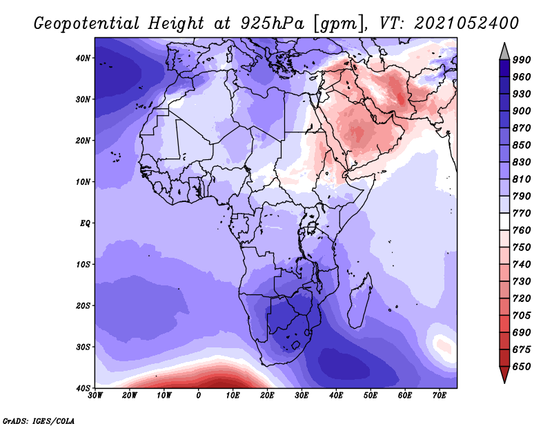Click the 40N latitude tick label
[83, 58]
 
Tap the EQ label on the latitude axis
[85, 223]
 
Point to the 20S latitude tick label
[83, 305]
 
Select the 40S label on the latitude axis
[83, 388]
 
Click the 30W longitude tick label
[95, 396]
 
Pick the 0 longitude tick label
[199, 396]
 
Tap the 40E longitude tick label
[336, 396]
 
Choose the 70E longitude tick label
[440, 396]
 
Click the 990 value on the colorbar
[522, 60]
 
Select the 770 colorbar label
[522, 213]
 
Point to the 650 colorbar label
[522, 367]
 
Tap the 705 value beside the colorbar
[522, 316]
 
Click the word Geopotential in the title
[86, 23]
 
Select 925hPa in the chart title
[272, 23]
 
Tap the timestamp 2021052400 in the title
[466, 23]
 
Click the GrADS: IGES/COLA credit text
[39, 420]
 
